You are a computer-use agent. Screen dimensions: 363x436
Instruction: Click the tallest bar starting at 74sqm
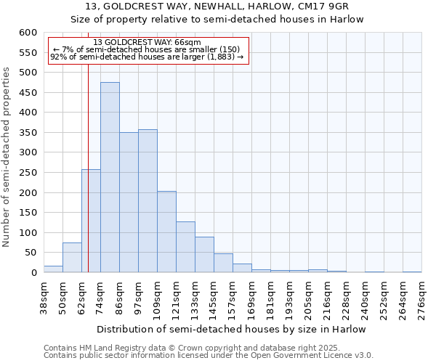(110, 178)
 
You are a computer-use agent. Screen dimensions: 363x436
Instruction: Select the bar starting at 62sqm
(91, 221)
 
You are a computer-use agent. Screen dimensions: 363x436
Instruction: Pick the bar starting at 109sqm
(166, 232)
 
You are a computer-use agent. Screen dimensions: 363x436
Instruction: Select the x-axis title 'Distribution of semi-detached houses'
(217, 329)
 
